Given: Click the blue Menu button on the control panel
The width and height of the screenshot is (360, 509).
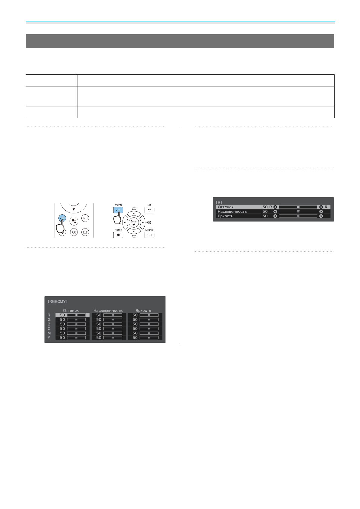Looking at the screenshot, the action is (118, 210).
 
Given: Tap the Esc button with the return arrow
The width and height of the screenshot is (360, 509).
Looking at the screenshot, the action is (149, 210).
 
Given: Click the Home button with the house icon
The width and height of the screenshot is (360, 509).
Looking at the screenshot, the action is (118, 235).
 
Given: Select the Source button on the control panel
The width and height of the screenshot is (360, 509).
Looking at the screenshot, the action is (149, 235).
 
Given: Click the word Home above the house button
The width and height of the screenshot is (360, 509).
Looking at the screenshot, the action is (118, 230).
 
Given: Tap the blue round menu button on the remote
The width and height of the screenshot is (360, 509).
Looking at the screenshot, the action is (62, 218).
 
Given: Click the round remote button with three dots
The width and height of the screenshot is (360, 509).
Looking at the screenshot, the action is (74, 221).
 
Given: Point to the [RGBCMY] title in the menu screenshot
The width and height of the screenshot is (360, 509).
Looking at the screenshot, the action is (57, 301).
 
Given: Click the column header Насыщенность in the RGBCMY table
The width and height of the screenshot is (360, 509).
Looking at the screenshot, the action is (108, 310).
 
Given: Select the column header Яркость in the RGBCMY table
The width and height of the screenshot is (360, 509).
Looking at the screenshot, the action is (143, 310).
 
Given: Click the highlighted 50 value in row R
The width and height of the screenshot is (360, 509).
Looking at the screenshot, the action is (62, 315).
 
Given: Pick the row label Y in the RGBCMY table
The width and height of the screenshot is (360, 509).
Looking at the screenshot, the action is (49, 338).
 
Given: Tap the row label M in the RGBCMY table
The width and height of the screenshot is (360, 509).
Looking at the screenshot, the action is (49, 333).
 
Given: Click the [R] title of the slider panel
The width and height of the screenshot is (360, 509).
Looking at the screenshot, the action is (219, 202).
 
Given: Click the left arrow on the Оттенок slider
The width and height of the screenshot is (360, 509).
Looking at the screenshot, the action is (275, 207).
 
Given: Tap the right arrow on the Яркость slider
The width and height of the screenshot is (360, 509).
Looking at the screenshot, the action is (321, 216).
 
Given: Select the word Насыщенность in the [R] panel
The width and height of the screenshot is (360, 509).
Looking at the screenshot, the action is (232, 212).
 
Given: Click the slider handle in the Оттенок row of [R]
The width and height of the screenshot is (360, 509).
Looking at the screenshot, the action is (298, 207).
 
